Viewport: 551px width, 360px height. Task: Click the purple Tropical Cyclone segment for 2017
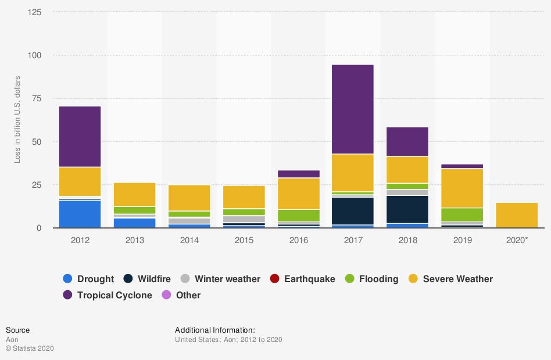[353, 109]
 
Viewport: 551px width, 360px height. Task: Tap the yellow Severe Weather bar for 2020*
[517, 215]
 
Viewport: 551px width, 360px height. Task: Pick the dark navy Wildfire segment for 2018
[407, 209]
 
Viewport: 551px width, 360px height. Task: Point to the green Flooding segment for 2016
[298, 215]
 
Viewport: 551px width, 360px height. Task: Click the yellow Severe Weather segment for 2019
[462, 188]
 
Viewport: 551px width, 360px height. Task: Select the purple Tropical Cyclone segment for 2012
[80, 137]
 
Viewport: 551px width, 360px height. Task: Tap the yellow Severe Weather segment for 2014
[189, 198]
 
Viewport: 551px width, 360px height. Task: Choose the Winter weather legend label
[227, 279]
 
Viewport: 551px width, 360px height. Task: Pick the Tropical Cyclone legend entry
[115, 295]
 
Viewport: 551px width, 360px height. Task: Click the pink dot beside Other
[166, 295]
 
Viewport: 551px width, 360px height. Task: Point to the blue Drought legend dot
[67, 279]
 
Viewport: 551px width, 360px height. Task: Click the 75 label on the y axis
[37, 98]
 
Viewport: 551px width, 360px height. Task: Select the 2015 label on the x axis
[244, 240]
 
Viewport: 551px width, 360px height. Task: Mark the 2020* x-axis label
[517, 240]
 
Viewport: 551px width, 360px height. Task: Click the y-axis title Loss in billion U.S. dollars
[17, 119]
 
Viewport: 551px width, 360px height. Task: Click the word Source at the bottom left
[17, 330]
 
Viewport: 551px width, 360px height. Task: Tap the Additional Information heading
[214, 330]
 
